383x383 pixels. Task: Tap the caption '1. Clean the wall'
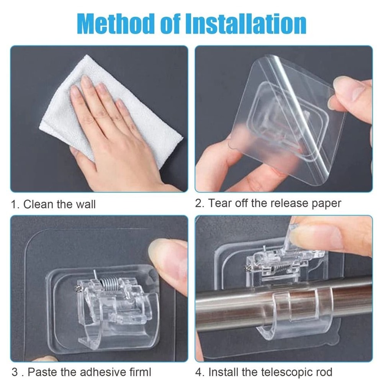coord(54,204)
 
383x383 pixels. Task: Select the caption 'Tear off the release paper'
coord(274,203)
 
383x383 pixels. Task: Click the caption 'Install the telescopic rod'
coord(270,371)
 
